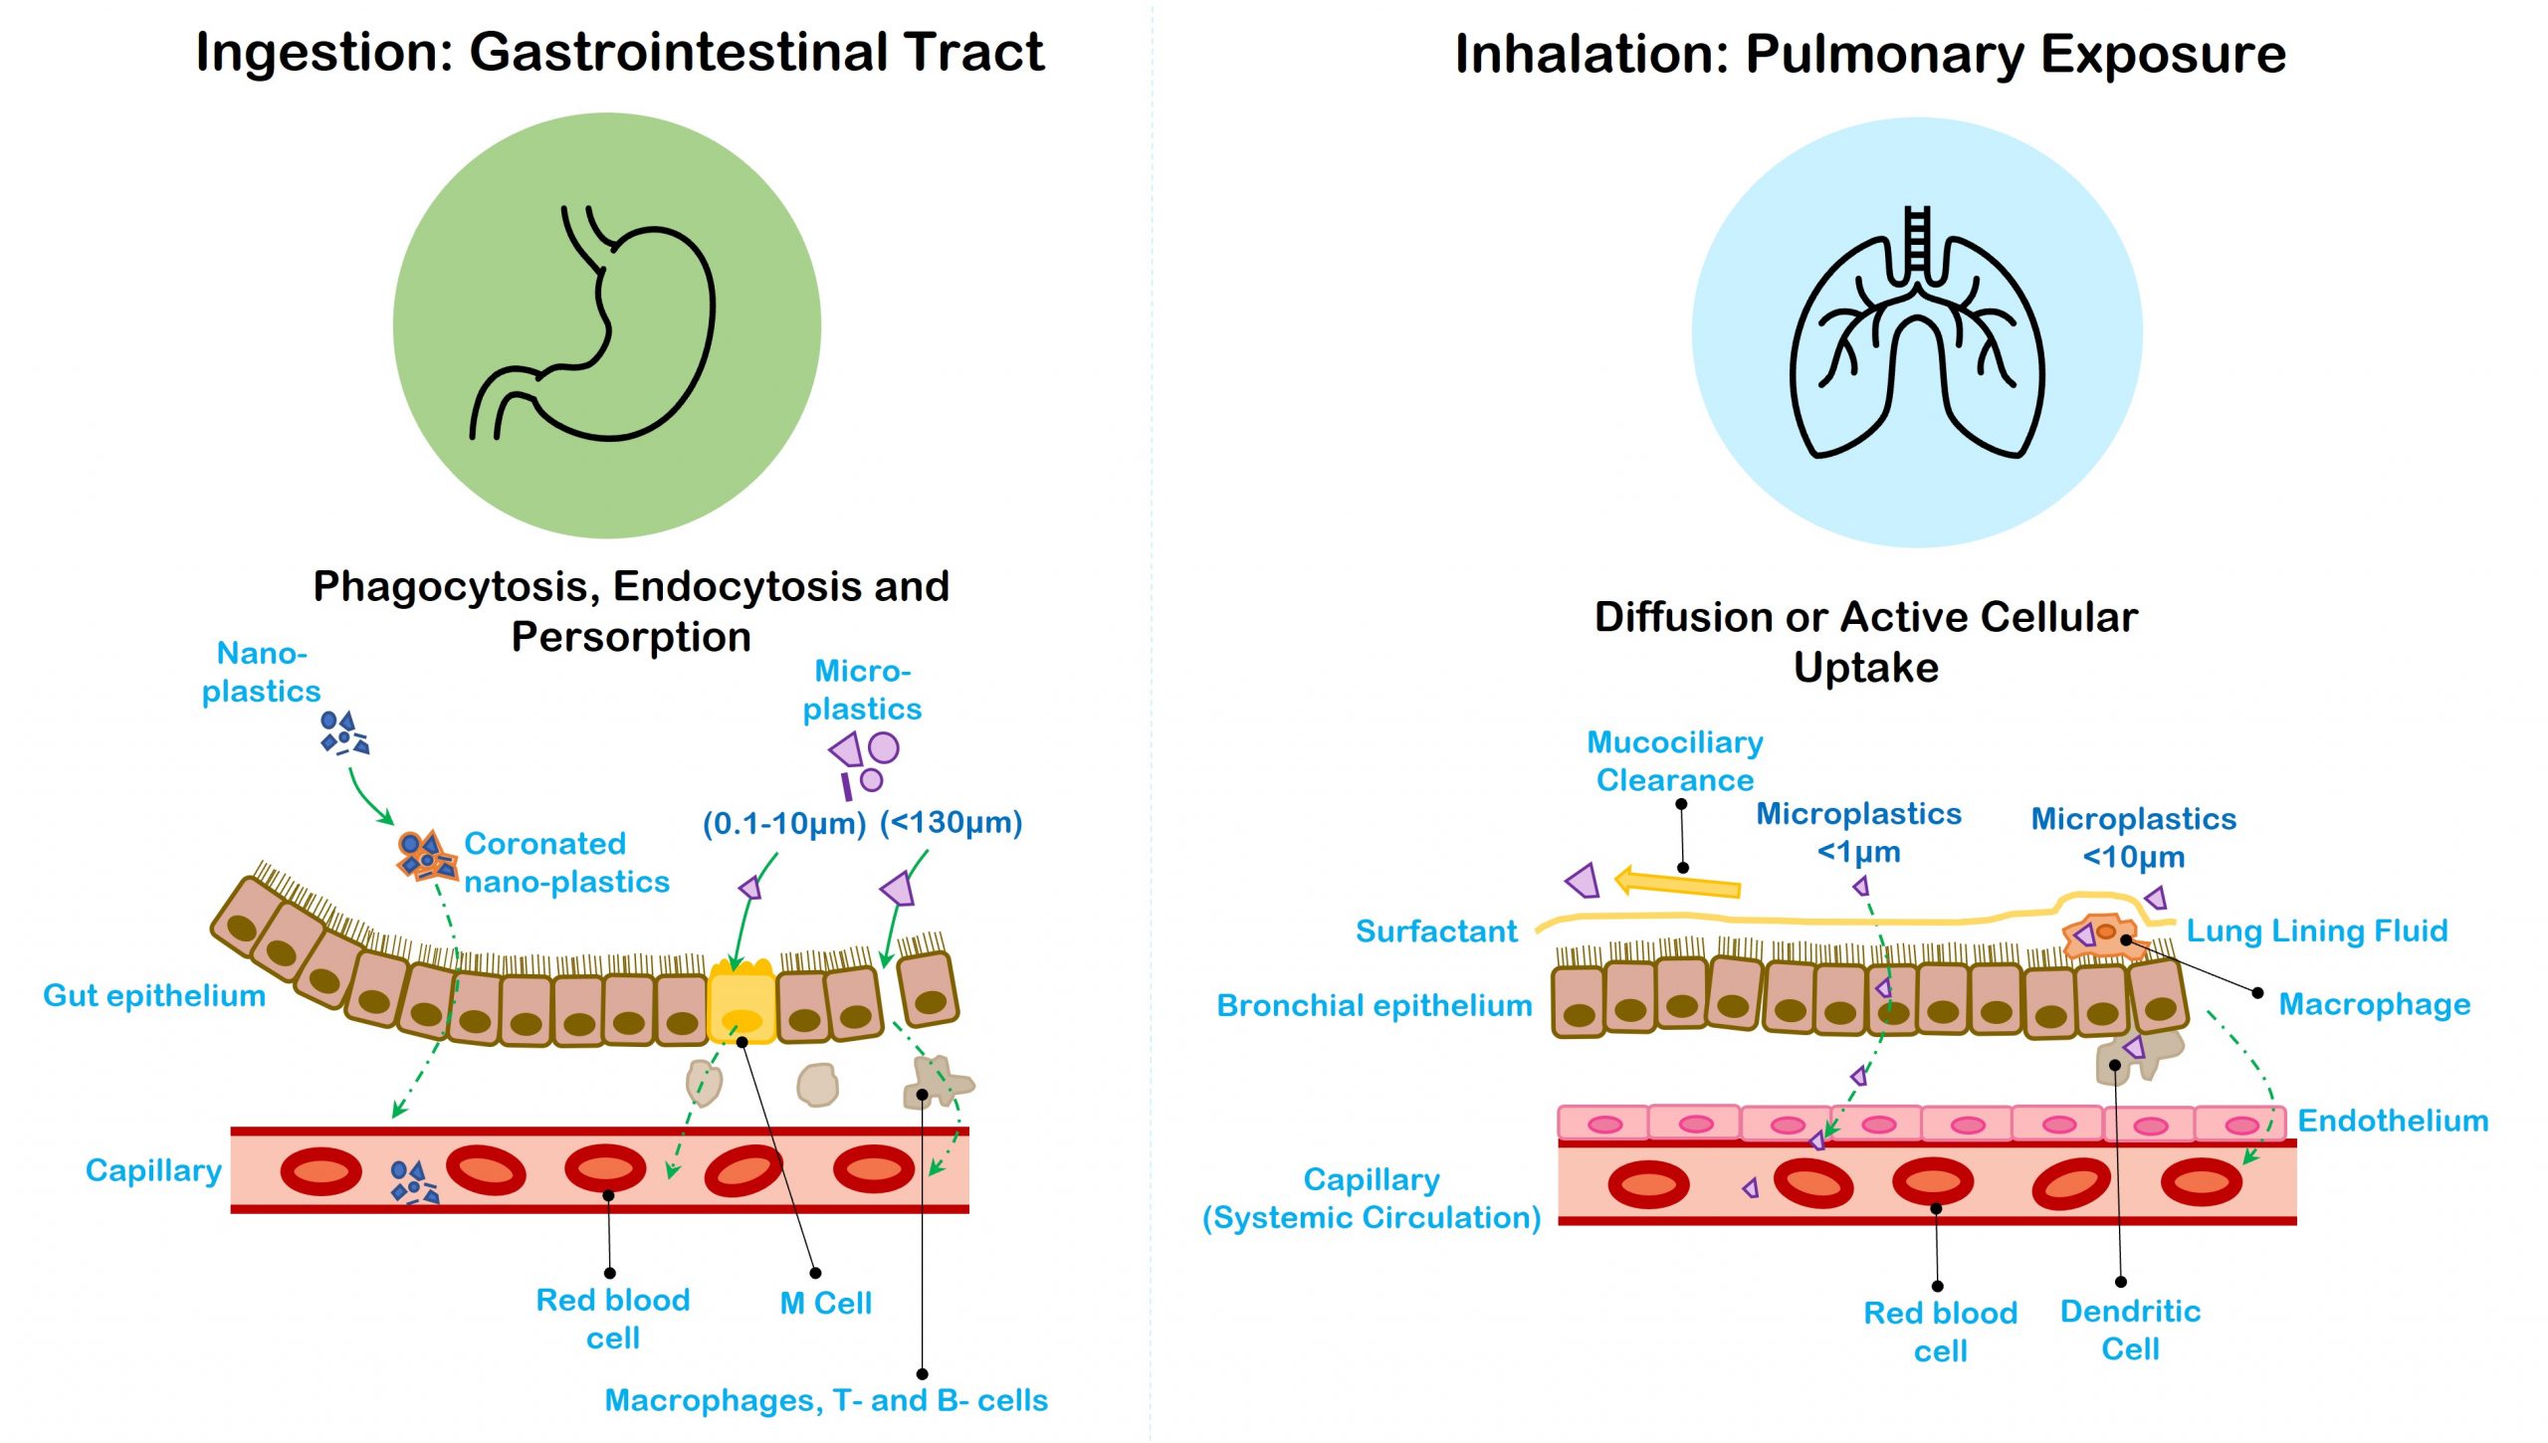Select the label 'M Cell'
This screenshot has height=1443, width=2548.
pyautogui.click(x=825, y=1303)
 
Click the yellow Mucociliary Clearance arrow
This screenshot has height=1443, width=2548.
pyautogui.click(x=1677, y=883)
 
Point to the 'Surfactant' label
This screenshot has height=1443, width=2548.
pyautogui.click(x=1435, y=931)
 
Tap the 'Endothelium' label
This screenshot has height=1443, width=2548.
pyautogui.click(x=2392, y=1121)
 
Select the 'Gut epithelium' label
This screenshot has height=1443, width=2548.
pyautogui.click(x=154, y=995)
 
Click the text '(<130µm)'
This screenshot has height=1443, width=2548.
pyautogui.click(x=951, y=823)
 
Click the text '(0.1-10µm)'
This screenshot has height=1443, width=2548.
pyautogui.click(x=783, y=824)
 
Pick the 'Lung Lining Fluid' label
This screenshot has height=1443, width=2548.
pyautogui.click(x=2316, y=930)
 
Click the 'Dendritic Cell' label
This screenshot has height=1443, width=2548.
pyautogui.click(x=2130, y=1330)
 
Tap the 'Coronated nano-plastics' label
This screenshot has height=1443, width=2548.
pyautogui.click(x=566, y=863)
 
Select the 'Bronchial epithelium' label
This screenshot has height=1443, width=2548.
pyautogui.click(x=1374, y=1005)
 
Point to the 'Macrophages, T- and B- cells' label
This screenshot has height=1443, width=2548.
pyautogui.click(x=826, y=1400)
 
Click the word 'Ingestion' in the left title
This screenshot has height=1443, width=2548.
pyautogui.click(x=323, y=52)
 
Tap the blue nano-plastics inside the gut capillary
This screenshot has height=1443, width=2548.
pyautogui.click(x=413, y=1181)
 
